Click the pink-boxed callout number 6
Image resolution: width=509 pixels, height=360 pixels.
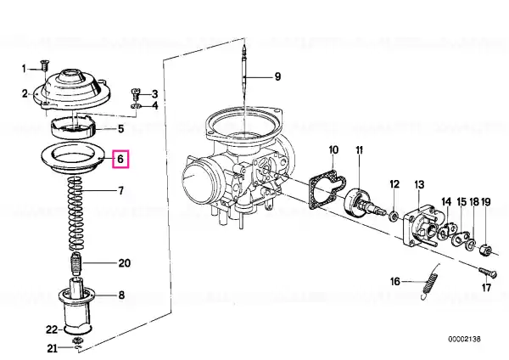click(x=120, y=159)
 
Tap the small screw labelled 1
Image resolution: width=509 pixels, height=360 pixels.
click(x=43, y=65)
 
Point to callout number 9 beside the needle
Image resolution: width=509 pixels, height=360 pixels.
click(x=277, y=76)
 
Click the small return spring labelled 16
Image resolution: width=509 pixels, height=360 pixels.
click(x=430, y=281)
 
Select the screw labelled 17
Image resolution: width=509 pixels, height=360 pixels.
click(x=488, y=272)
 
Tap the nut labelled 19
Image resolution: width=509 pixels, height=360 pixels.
click(x=485, y=250)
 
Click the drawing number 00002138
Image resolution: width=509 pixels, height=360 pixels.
click(x=464, y=340)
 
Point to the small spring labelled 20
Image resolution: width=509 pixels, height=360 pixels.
click(x=76, y=264)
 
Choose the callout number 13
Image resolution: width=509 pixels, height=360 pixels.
click(x=419, y=184)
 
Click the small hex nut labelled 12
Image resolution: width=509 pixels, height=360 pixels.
click(x=393, y=216)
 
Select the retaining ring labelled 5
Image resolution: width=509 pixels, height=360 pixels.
click(x=73, y=128)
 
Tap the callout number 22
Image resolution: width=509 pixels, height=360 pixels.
click(x=52, y=329)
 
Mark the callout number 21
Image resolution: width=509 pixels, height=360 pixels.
click(x=53, y=349)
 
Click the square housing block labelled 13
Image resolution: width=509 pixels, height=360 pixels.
click(x=421, y=227)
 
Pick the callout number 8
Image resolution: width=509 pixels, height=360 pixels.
click(x=120, y=295)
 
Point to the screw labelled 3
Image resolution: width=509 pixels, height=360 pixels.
click(x=136, y=94)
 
